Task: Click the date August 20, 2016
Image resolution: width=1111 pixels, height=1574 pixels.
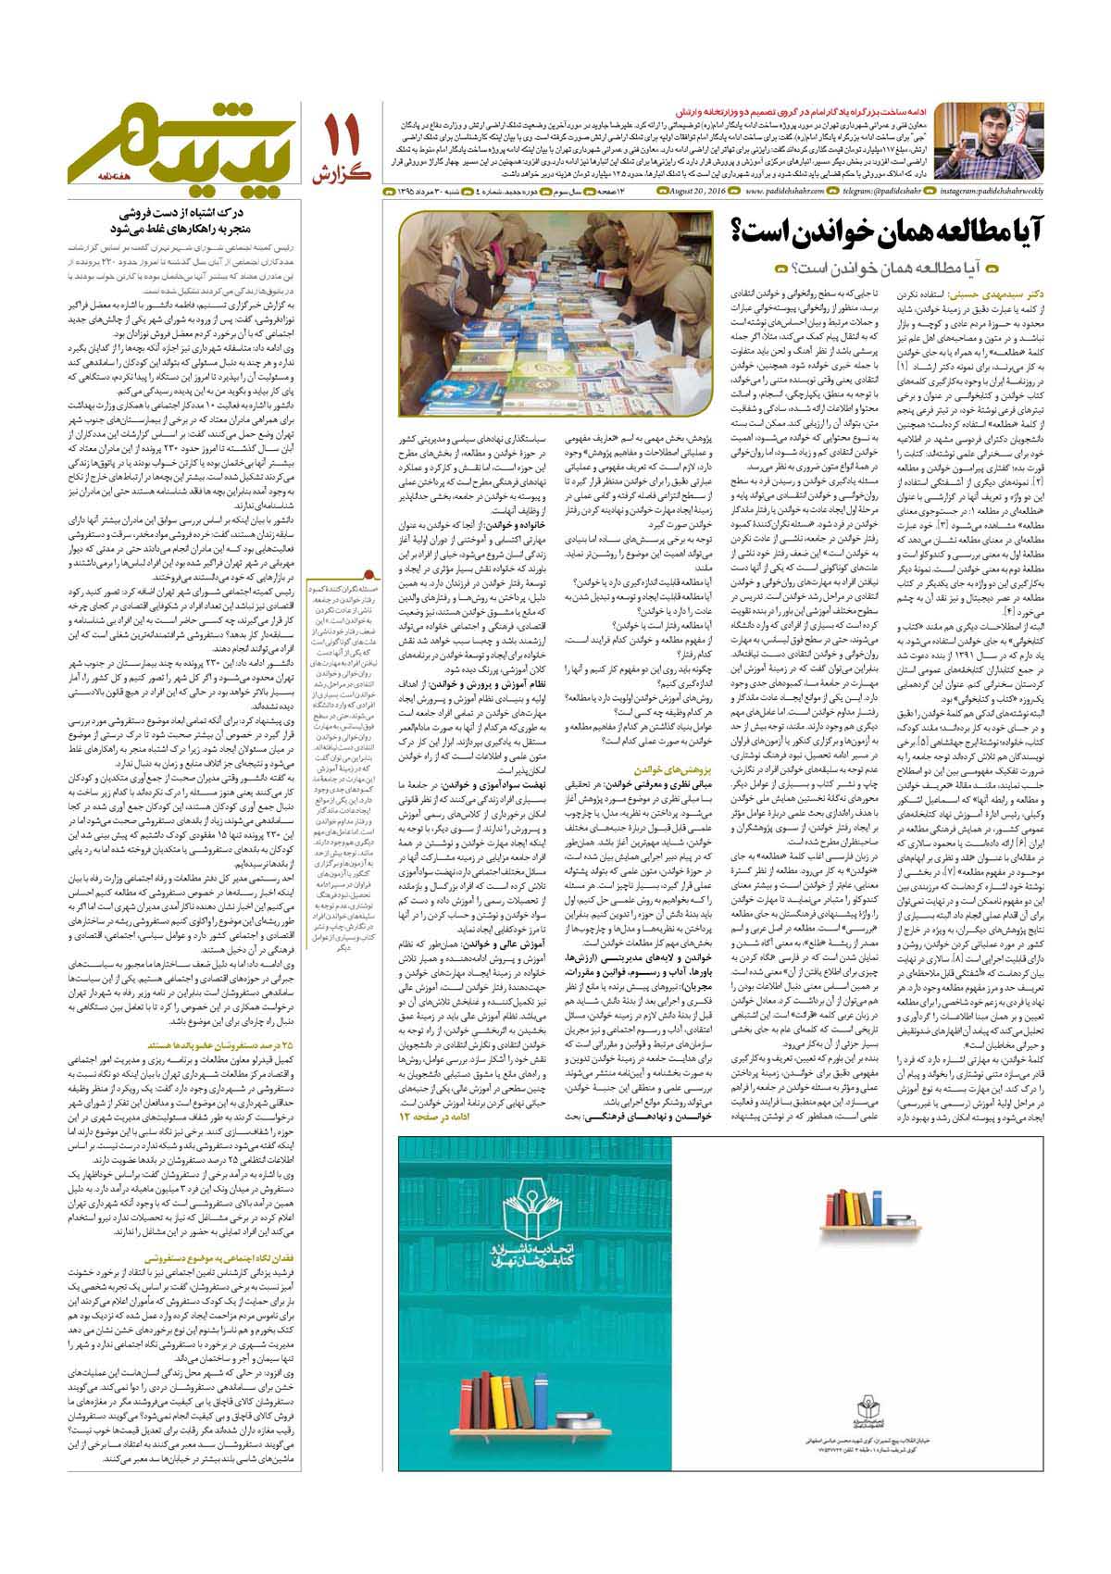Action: click(x=698, y=192)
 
